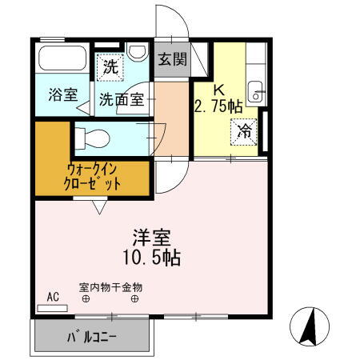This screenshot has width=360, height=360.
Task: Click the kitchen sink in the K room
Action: pyautogui.click(x=255, y=91)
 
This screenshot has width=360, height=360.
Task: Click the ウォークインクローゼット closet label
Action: pyautogui.click(x=94, y=176)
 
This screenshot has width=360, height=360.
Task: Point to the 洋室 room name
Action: pyautogui.click(x=151, y=238)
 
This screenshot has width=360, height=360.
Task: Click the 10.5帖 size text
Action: pyautogui.click(x=152, y=258)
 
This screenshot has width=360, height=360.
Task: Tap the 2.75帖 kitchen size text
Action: pyautogui.click(x=218, y=104)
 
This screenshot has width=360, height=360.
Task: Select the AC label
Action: pyautogui.click(x=53, y=297)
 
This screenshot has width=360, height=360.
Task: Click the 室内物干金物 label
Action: pyautogui.click(x=110, y=286)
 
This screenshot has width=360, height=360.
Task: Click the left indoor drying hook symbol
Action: pyautogui.click(x=86, y=300)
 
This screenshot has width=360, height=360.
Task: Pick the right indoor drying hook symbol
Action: pyautogui.click(x=134, y=300)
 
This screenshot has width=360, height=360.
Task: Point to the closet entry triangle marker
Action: pyautogui.click(x=99, y=208)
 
